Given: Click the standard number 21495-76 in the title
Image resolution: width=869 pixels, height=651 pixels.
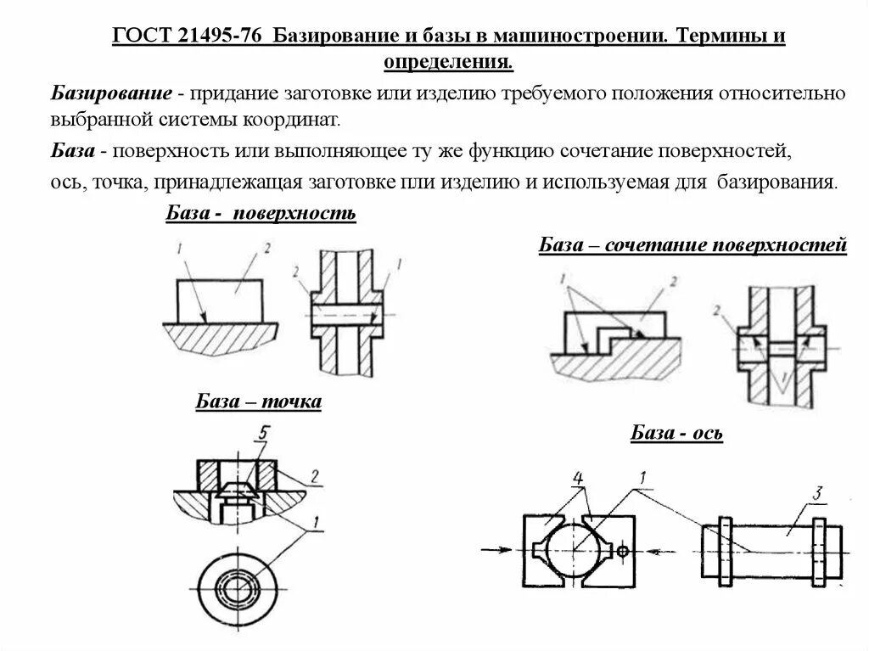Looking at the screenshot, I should (x=221, y=37).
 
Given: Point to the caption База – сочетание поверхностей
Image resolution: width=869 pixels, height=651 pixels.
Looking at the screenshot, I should (x=692, y=246).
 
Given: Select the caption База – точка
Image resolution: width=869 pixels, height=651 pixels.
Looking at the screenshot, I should (x=259, y=401).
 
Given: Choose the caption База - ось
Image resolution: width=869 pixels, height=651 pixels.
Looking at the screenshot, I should (x=676, y=434).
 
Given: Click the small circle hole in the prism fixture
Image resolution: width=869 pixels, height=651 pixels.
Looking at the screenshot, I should (x=622, y=552).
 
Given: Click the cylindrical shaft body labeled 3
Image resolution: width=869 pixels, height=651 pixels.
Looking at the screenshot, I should (x=772, y=552).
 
